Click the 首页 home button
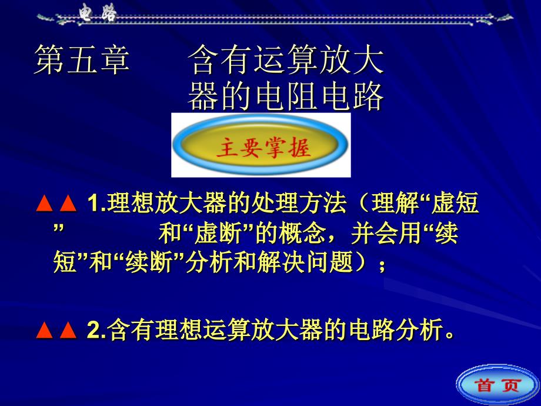click(498, 385)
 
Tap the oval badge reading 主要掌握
click(261, 145)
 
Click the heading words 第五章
click(82, 59)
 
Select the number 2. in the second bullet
click(96, 330)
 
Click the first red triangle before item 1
click(45, 204)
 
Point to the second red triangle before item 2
click(68, 330)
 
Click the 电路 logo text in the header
click(98, 14)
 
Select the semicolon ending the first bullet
click(382, 266)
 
